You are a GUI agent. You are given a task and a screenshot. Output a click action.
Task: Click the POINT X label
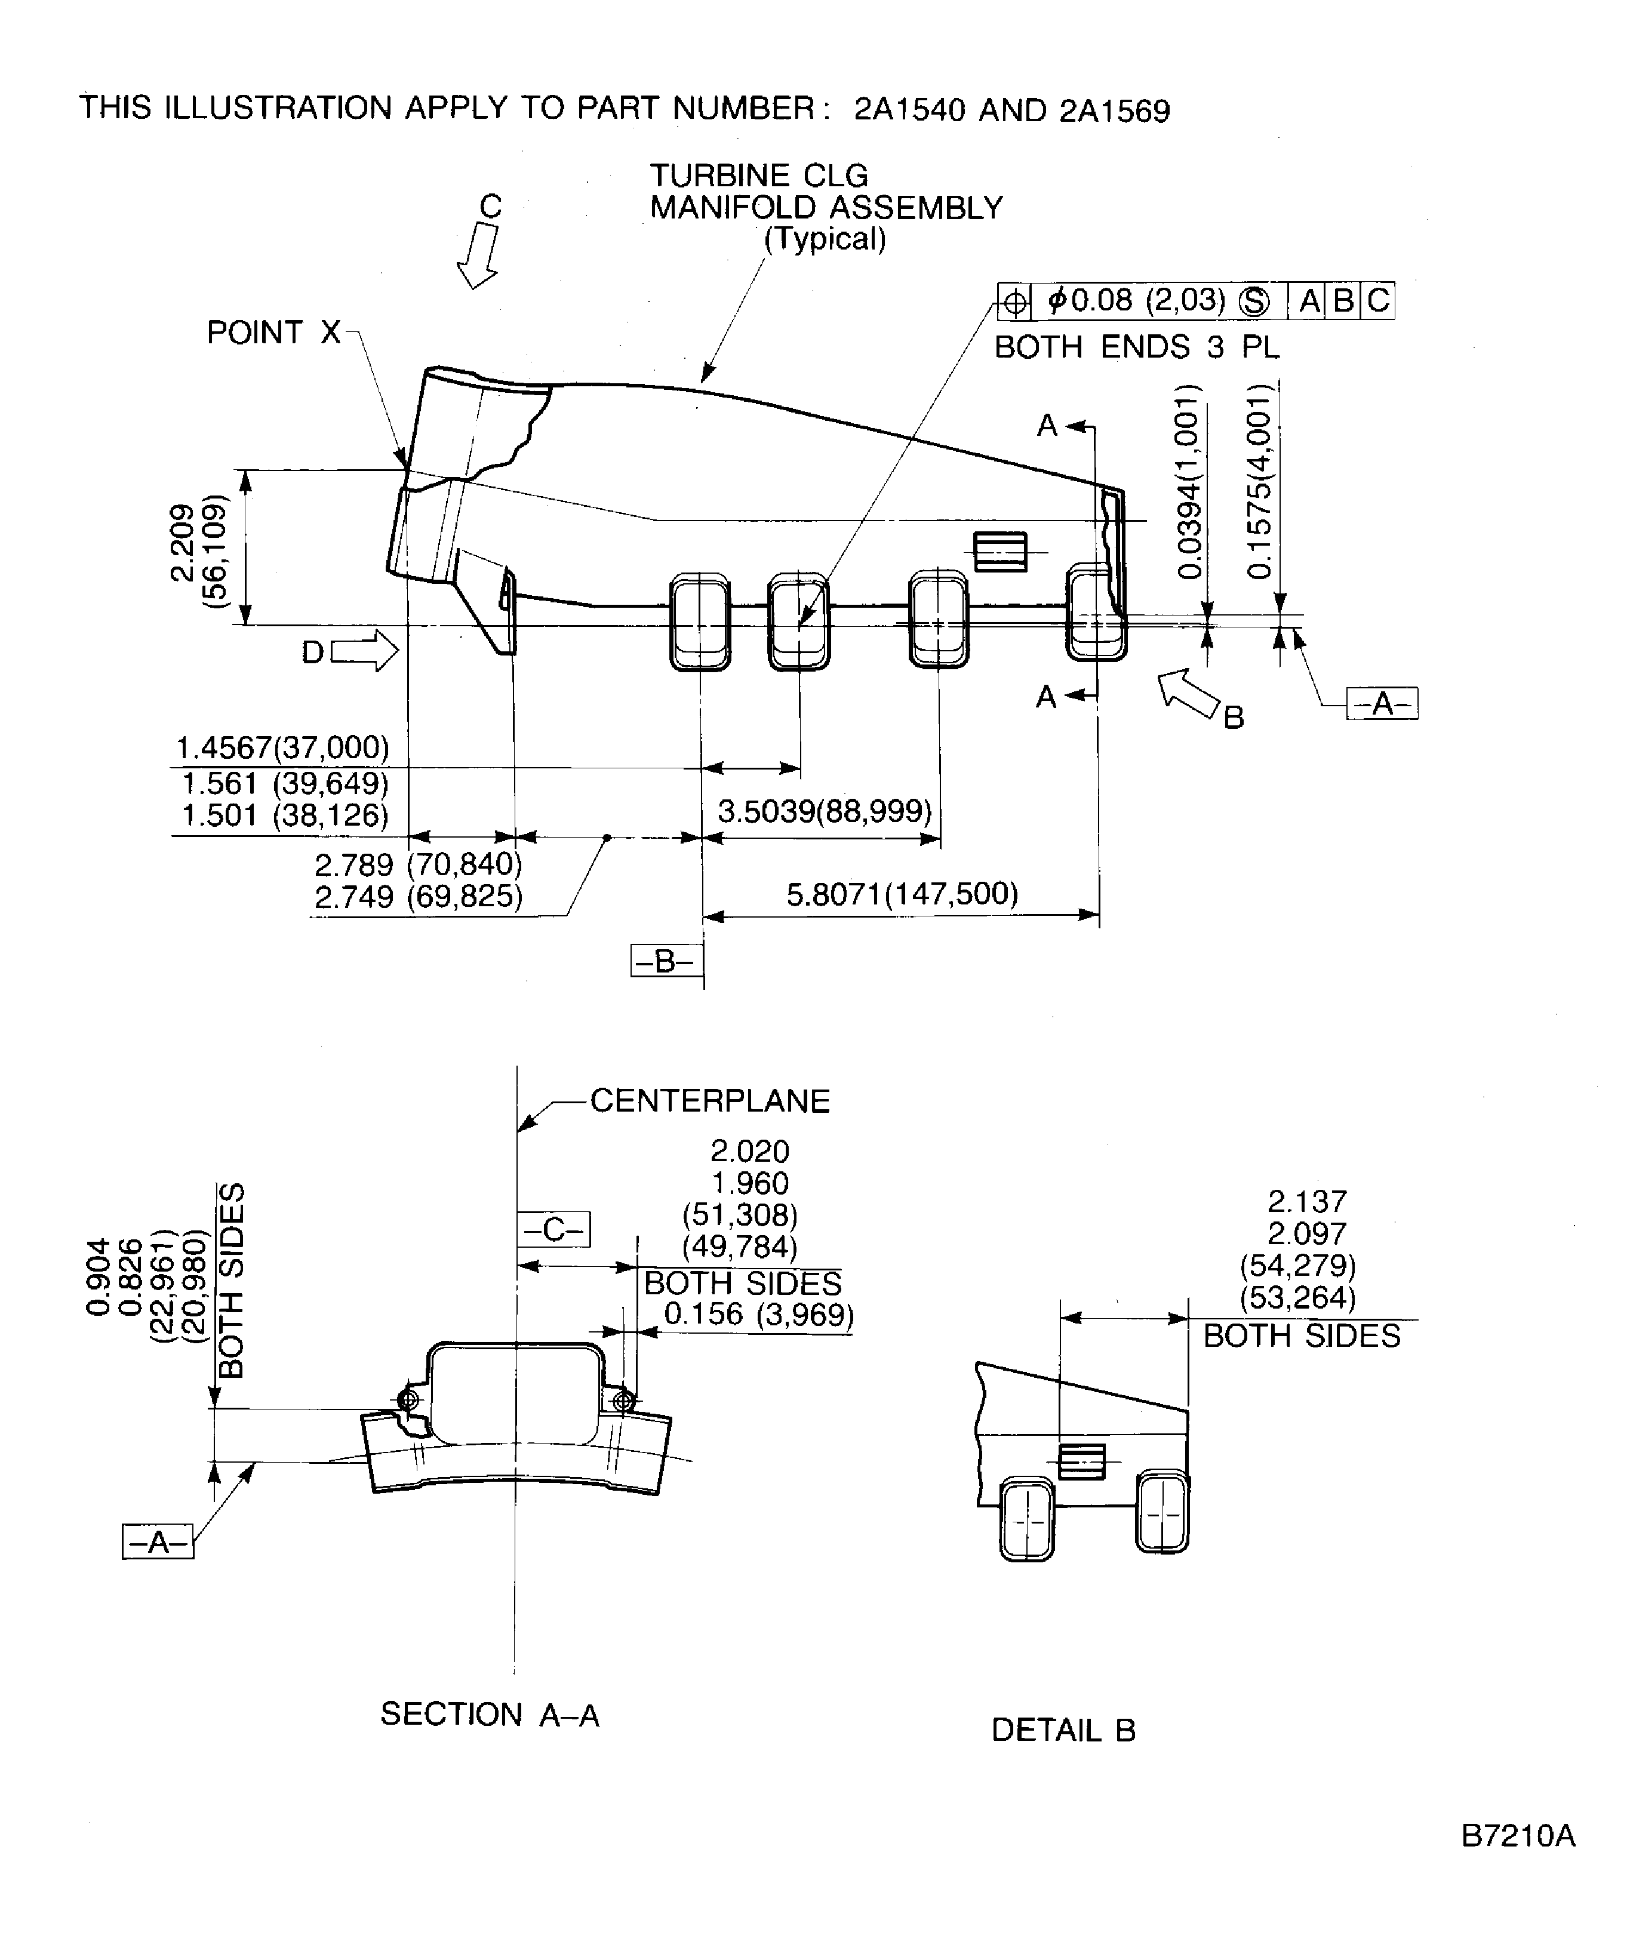[x=273, y=332]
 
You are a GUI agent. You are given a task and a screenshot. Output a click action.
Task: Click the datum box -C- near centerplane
[x=555, y=1230]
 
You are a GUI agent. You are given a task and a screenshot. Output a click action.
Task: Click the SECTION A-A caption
[x=490, y=1714]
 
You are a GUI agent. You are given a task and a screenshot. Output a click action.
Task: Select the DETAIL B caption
[x=1063, y=1730]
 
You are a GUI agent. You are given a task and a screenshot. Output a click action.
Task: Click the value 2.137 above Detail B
[x=1306, y=1202]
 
